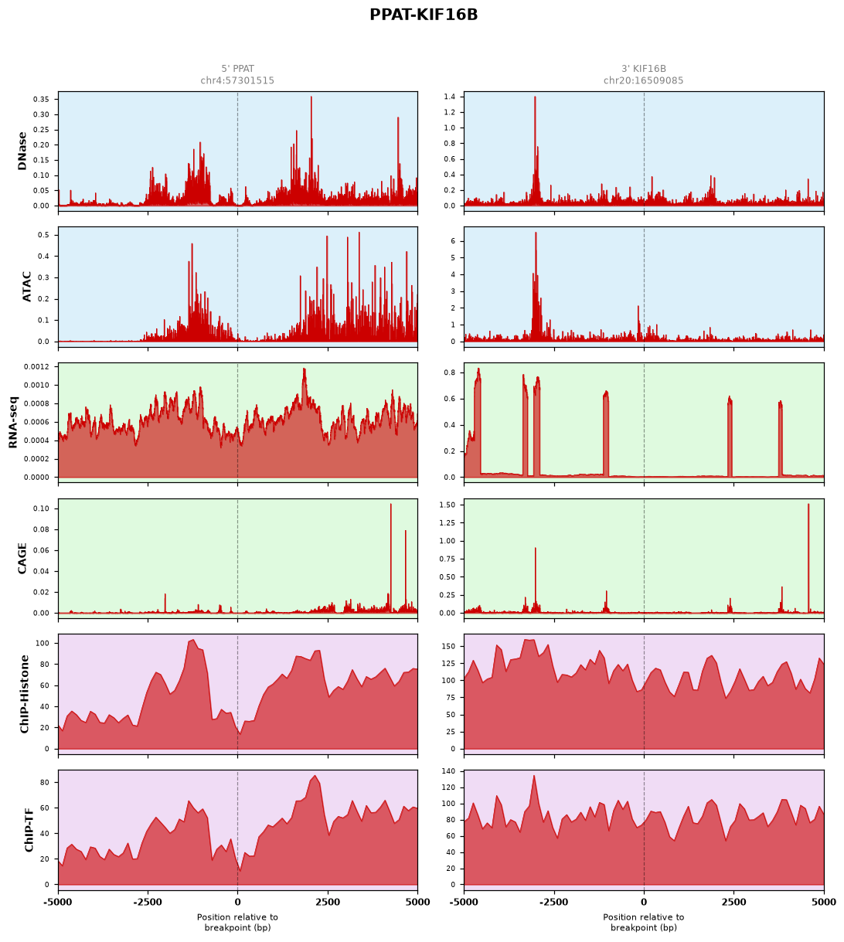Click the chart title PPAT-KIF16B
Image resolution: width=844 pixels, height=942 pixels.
click(424, 15)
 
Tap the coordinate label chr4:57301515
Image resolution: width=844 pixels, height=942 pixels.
click(237, 80)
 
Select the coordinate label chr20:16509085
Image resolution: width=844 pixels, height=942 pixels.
click(643, 80)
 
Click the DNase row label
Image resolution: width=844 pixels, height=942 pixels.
click(22, 151)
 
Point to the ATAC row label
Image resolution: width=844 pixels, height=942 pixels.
click(27, 287)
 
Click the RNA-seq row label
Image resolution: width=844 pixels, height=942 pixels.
click(12, 422)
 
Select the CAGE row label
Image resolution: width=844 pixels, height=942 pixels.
click(22, 558)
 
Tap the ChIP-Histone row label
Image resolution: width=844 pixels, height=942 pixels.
click(24, 694)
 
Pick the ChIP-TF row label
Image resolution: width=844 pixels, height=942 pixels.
click(29, 830)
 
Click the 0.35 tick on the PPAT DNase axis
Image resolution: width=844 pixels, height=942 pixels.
click(41, 100)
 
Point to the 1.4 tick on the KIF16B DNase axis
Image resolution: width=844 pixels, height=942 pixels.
click(449, 97)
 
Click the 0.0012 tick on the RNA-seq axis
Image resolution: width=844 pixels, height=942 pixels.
click(36, 367)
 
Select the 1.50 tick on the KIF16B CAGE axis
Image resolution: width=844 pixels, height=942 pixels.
click(447, 505)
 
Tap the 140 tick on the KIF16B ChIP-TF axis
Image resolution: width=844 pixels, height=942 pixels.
click(448, 771)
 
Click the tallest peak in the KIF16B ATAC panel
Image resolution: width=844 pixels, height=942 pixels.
click(536, 233)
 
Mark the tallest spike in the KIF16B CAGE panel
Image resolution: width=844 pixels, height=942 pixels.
click(808, 505)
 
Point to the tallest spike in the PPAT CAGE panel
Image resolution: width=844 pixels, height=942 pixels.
click(390, 505)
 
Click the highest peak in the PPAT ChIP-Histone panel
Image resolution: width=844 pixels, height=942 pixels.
click(193, 639)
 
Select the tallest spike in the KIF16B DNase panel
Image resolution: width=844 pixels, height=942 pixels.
click(535, 97)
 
